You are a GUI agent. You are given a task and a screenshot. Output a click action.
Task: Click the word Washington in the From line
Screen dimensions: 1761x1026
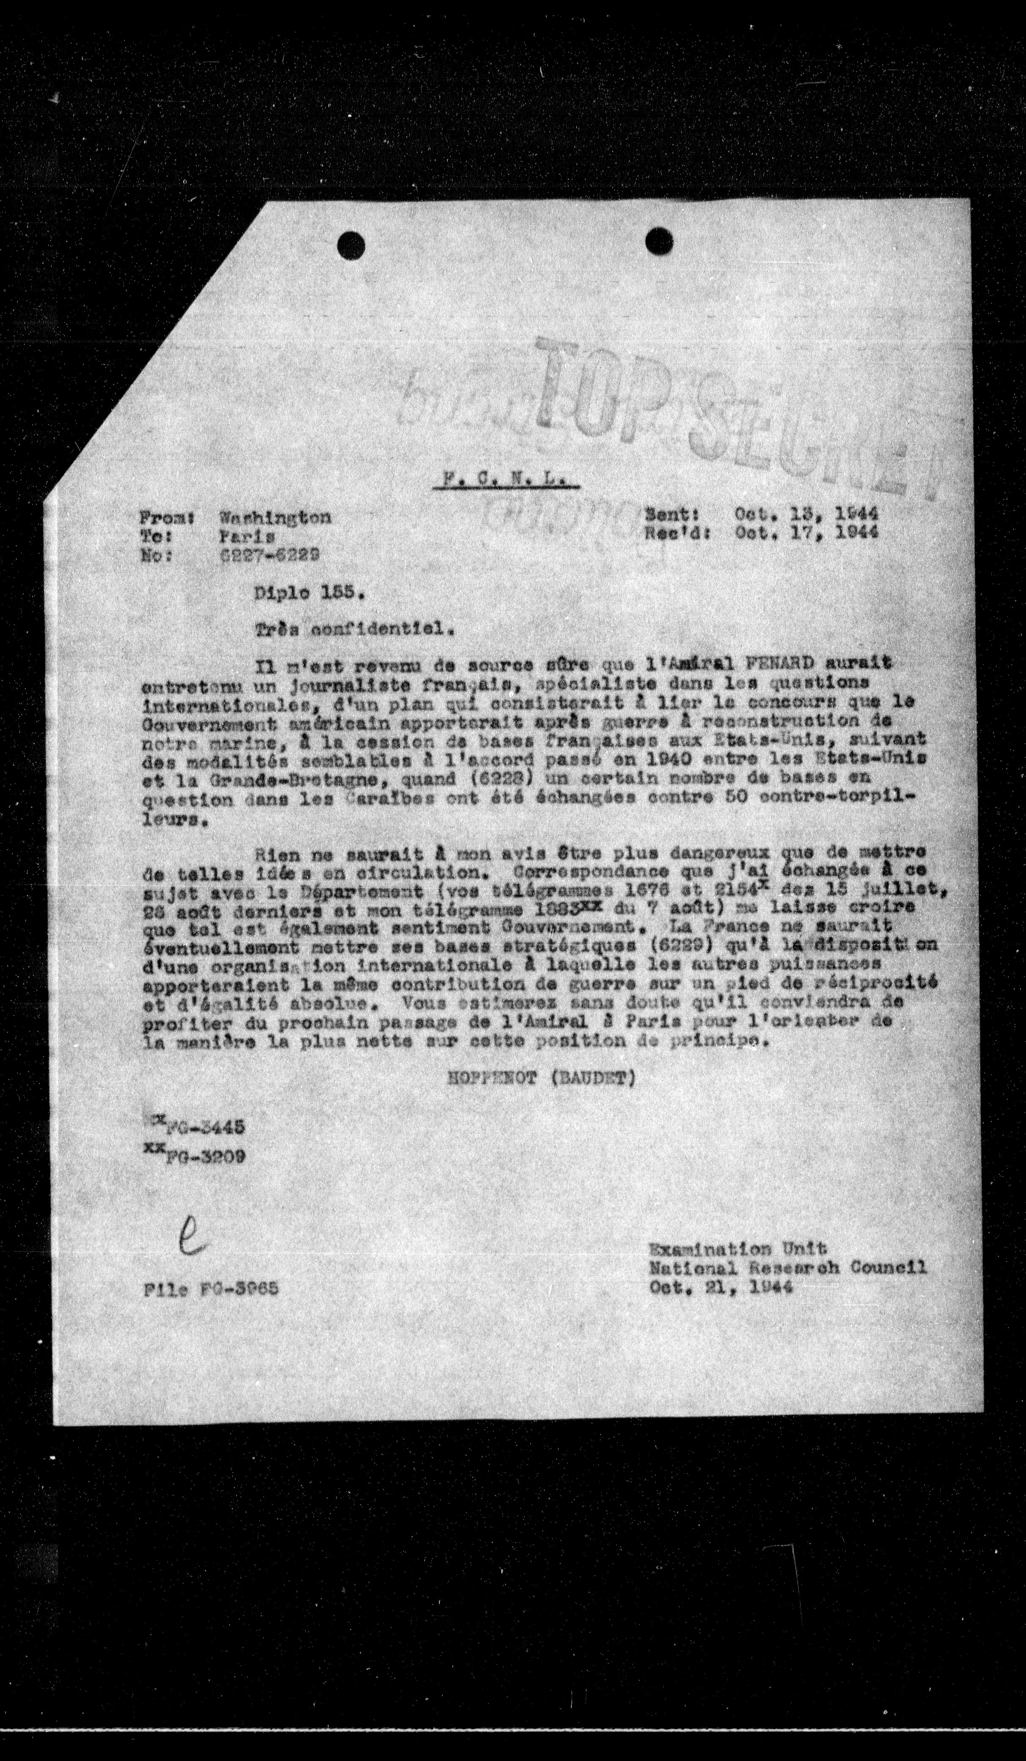click(275, 517)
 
